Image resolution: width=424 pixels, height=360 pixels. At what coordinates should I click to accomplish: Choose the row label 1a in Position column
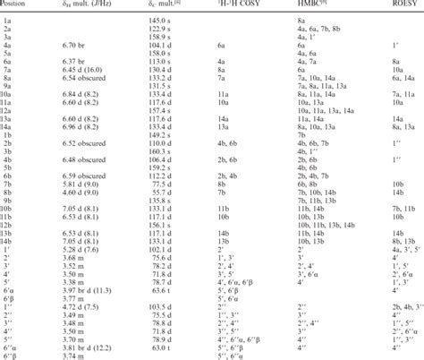(x=7, y=19)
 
